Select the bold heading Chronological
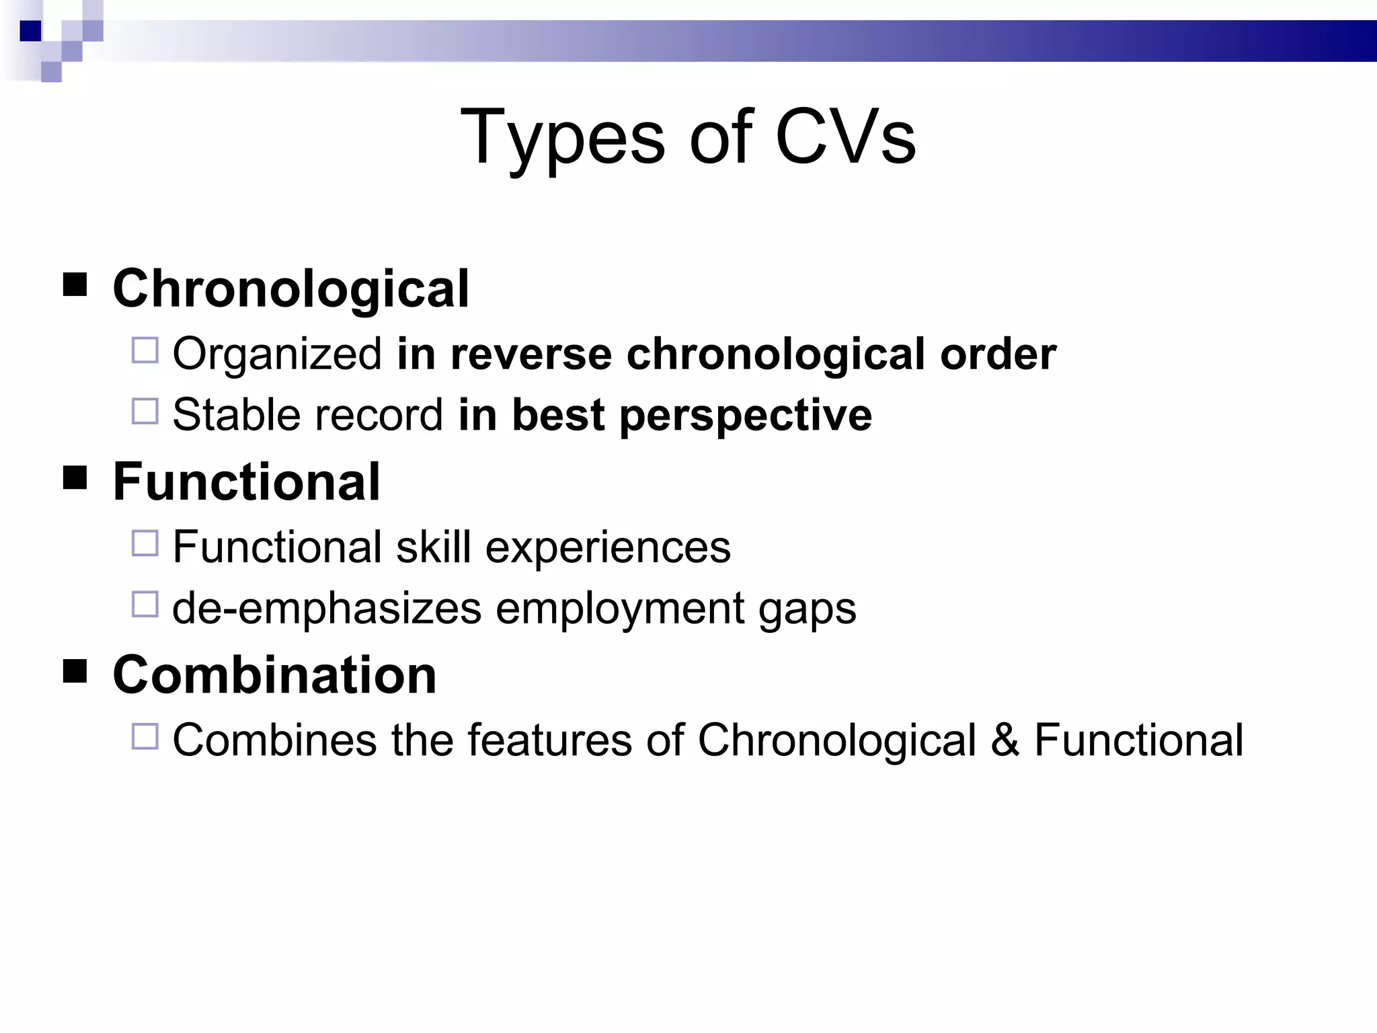[290, 289]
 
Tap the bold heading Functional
[246, 482]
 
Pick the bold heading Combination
[274, 675]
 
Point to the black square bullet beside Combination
[75, 671]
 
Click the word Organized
[277, 355]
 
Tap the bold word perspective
[746, 416]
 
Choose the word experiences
[607, 547]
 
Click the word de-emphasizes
[327, 609]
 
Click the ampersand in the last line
[1005, 740]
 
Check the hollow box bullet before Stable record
[145, 411]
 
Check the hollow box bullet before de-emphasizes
[145, 604]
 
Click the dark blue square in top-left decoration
[31, 31]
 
